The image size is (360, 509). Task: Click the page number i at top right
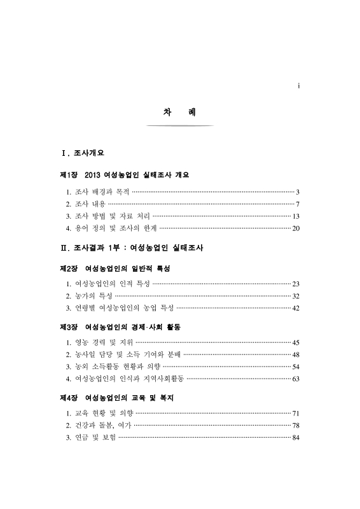[x=298, y=86]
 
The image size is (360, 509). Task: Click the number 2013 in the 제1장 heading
[x=93, y=174]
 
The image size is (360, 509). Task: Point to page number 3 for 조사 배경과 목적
[x=297, y=192]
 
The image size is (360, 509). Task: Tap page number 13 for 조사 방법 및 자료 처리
[x=296, y=216]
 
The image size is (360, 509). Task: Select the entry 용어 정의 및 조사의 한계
[x=111, y=228]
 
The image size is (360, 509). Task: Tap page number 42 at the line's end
[x=296, y=308]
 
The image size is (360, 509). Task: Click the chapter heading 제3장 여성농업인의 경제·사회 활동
[x=124, y=326]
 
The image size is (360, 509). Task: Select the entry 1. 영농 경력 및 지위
[x=97, y=342]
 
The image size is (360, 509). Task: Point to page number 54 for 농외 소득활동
[x=296, y=367]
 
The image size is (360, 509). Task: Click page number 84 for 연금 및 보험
[x=296, y=438]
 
